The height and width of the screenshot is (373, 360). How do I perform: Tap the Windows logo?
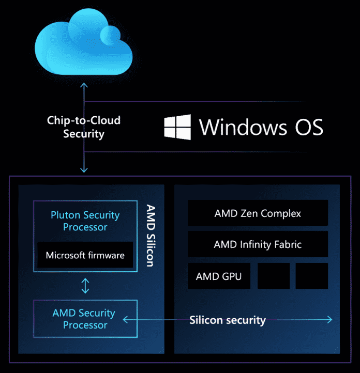coord(177,127)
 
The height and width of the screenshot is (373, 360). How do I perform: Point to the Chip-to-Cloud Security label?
coord(84,127)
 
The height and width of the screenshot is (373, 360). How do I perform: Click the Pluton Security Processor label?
coord(85,221)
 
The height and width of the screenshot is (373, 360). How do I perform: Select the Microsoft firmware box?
coord(85,255)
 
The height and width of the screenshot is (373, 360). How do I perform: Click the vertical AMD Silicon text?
coord(150,236)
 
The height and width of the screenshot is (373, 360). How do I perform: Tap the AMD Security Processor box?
coord(85,319)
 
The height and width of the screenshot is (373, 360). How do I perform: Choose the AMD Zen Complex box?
coord(258,213)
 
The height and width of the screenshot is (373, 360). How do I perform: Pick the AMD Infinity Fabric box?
coord(258,244)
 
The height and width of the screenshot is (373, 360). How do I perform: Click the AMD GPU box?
coord(219,276)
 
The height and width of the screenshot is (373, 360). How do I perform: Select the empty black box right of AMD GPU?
coord(274,276)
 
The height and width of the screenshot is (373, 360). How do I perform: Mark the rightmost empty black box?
coord(312,276)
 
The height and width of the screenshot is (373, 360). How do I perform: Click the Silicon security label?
coord(228,320)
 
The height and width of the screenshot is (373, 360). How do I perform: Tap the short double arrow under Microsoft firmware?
coord(85,286)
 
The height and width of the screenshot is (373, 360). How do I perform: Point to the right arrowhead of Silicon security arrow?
coord(329,320)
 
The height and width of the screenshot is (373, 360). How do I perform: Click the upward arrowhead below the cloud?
coord(84,84)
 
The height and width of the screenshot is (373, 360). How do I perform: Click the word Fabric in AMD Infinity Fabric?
coord(287,244)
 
